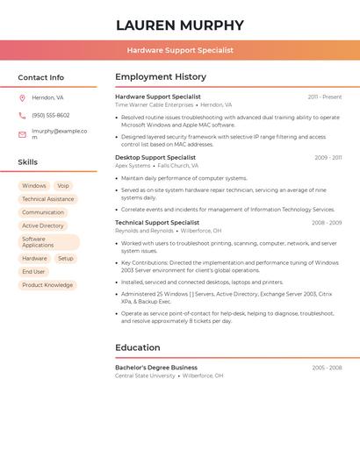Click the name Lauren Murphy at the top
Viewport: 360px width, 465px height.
[180, 25]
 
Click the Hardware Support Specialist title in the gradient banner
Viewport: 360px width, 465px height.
[180, 50]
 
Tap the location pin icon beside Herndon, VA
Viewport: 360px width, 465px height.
[22, 97]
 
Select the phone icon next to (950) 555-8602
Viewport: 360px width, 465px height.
[22, 115]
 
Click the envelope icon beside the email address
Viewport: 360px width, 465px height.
[22, 134]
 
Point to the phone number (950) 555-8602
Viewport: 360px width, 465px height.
[50, 115]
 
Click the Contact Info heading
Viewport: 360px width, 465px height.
[40, 77]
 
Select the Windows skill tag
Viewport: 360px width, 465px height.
[34, 186]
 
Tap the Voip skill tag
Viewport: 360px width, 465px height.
[63, 186]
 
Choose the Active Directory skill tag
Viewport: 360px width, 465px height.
[43, 225]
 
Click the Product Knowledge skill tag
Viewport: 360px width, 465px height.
[47, 285]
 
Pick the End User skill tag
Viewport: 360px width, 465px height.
[33, 272]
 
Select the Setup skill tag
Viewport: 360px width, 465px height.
[66, 259]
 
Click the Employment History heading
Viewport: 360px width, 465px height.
[161, 77]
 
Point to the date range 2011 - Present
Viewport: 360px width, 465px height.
[324, 97]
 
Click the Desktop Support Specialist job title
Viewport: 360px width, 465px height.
[155, 158]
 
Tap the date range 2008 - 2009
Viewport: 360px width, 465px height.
[326, 223]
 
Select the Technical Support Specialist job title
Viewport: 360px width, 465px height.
[157, 223]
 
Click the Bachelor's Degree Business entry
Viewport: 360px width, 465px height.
[156, 368]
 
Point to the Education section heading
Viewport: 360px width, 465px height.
[138, 347]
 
